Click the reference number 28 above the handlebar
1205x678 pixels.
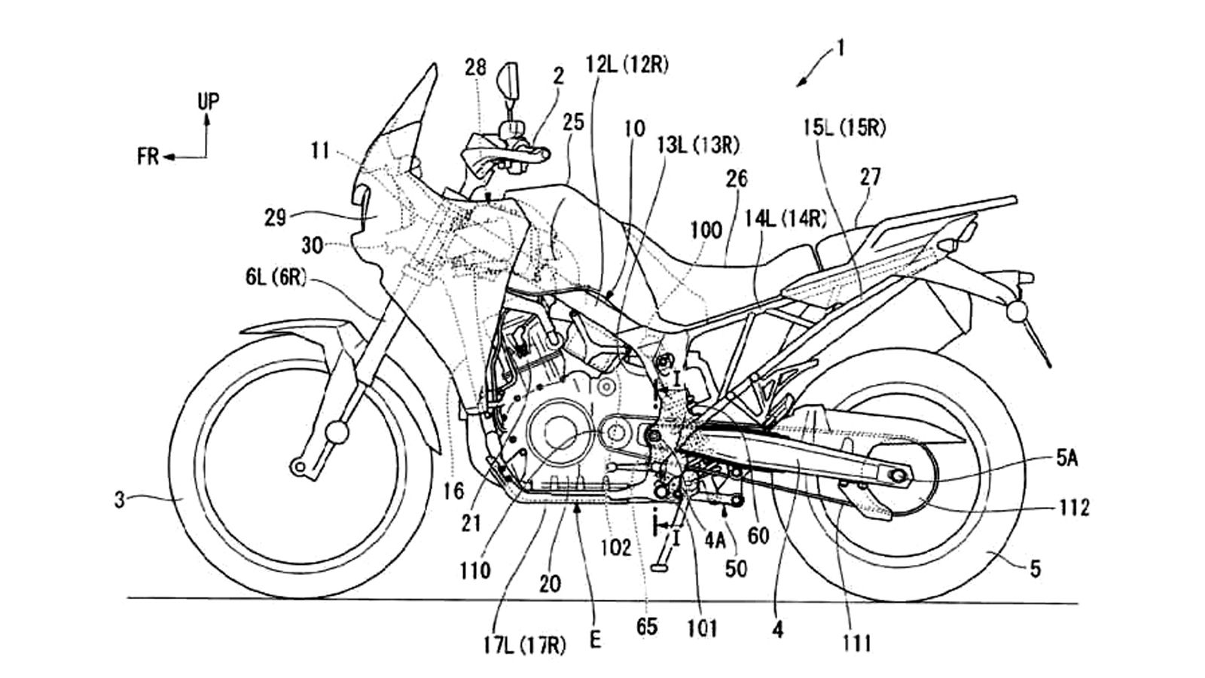point(475,68)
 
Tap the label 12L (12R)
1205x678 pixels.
point(627,66)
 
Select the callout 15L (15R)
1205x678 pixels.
point(843,128)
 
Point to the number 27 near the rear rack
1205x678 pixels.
point(870,178)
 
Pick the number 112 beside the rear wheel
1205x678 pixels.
point(1072,508)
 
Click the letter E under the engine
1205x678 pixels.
point(596,641)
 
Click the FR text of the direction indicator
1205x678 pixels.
point(148,157)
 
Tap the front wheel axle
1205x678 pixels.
point(300,469)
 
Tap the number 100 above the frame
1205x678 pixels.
point(706,230)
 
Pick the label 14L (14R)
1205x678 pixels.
point(786,219)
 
